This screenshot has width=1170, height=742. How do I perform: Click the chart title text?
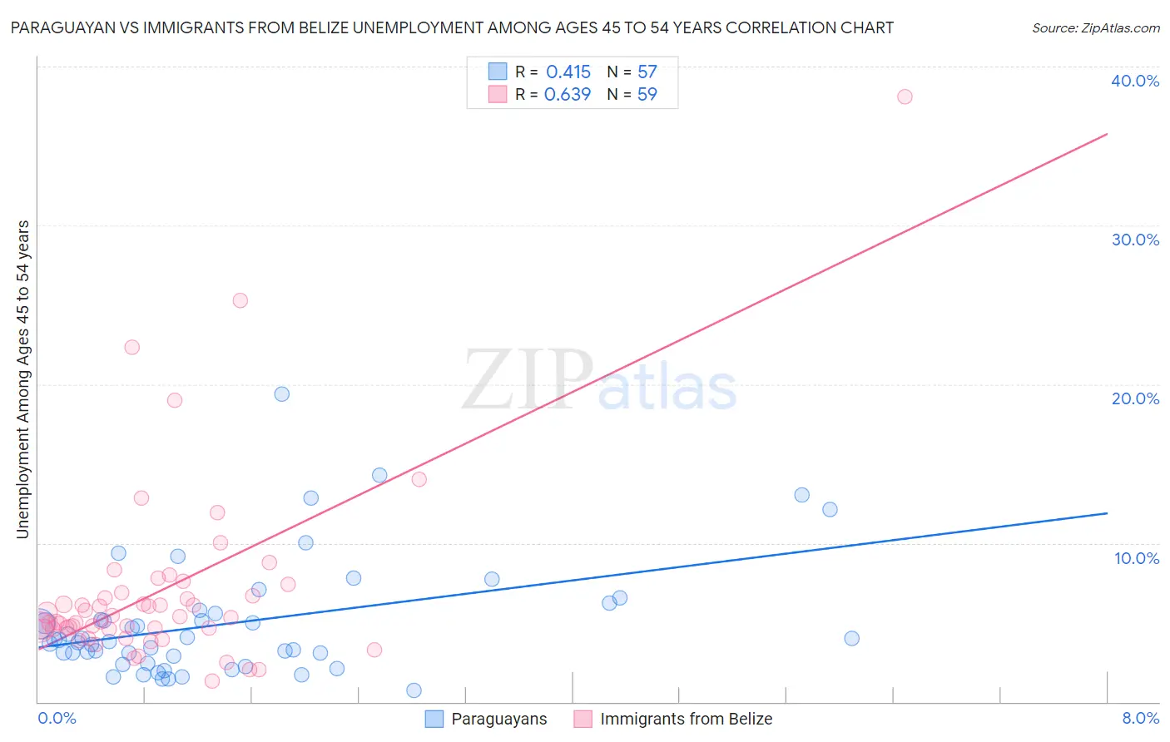click(x=452, y=28)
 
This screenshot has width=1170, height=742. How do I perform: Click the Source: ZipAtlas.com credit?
click(x=1095, y=28)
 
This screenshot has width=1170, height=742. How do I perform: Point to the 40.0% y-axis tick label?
click(x=1135, y=81)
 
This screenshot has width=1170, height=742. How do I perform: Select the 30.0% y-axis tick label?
click(x=1135, y=240)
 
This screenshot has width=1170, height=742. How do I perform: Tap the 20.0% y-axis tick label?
click(x=1135, y=398)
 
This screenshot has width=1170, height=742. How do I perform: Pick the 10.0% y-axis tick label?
click(x=1137, y=558)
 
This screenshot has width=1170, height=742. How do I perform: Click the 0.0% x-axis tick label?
click(x=57, y=718)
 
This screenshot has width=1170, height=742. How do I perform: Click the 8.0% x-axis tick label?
click(x=1140, y=718)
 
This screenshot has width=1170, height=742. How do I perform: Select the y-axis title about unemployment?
click(x=23, y=379)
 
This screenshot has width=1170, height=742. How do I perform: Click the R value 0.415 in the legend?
click(x=568, y=72)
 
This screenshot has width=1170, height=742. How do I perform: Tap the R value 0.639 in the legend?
click(x=567, y=95)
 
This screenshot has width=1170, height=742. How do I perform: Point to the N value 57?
click(x=647, y=72)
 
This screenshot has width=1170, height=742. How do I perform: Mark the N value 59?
click(x=647, y=95)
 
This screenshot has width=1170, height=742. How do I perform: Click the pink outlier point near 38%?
click(x=905, y=96)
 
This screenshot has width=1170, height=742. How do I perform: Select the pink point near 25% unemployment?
click(x=240, y=300)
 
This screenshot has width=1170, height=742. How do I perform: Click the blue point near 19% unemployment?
click(x=282, y=394)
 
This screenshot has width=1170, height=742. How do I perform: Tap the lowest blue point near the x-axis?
click(x=414, y=690)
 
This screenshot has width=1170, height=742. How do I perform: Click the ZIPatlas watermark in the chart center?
click(x=599, y=381)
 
